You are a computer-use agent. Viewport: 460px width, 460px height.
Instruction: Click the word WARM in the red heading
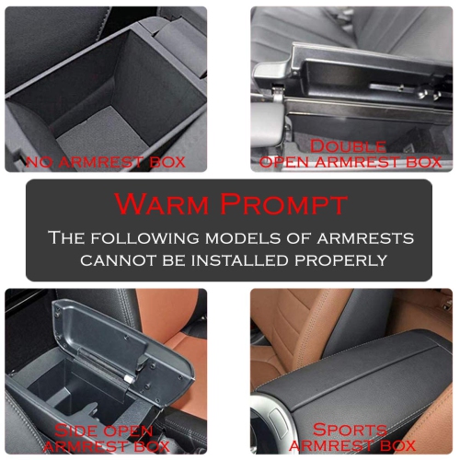[x=162, y=204]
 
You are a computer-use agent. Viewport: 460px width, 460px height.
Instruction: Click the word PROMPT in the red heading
[x=284, y=204]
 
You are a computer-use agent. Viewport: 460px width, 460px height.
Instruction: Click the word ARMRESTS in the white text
[x=365, y=238]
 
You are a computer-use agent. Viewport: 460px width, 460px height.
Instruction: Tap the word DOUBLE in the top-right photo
[x=348, y=146]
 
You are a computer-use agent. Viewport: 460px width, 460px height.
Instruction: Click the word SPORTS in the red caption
[x=350, y=430]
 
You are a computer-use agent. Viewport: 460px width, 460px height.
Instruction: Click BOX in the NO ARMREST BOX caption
[x=167, y=162]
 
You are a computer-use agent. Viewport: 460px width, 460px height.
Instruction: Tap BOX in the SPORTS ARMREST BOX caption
[x=397, y=445]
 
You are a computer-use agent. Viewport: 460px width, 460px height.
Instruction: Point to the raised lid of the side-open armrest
[x=122, y=347]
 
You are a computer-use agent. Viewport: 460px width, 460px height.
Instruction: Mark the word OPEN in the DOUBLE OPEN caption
[x=283, y=162]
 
